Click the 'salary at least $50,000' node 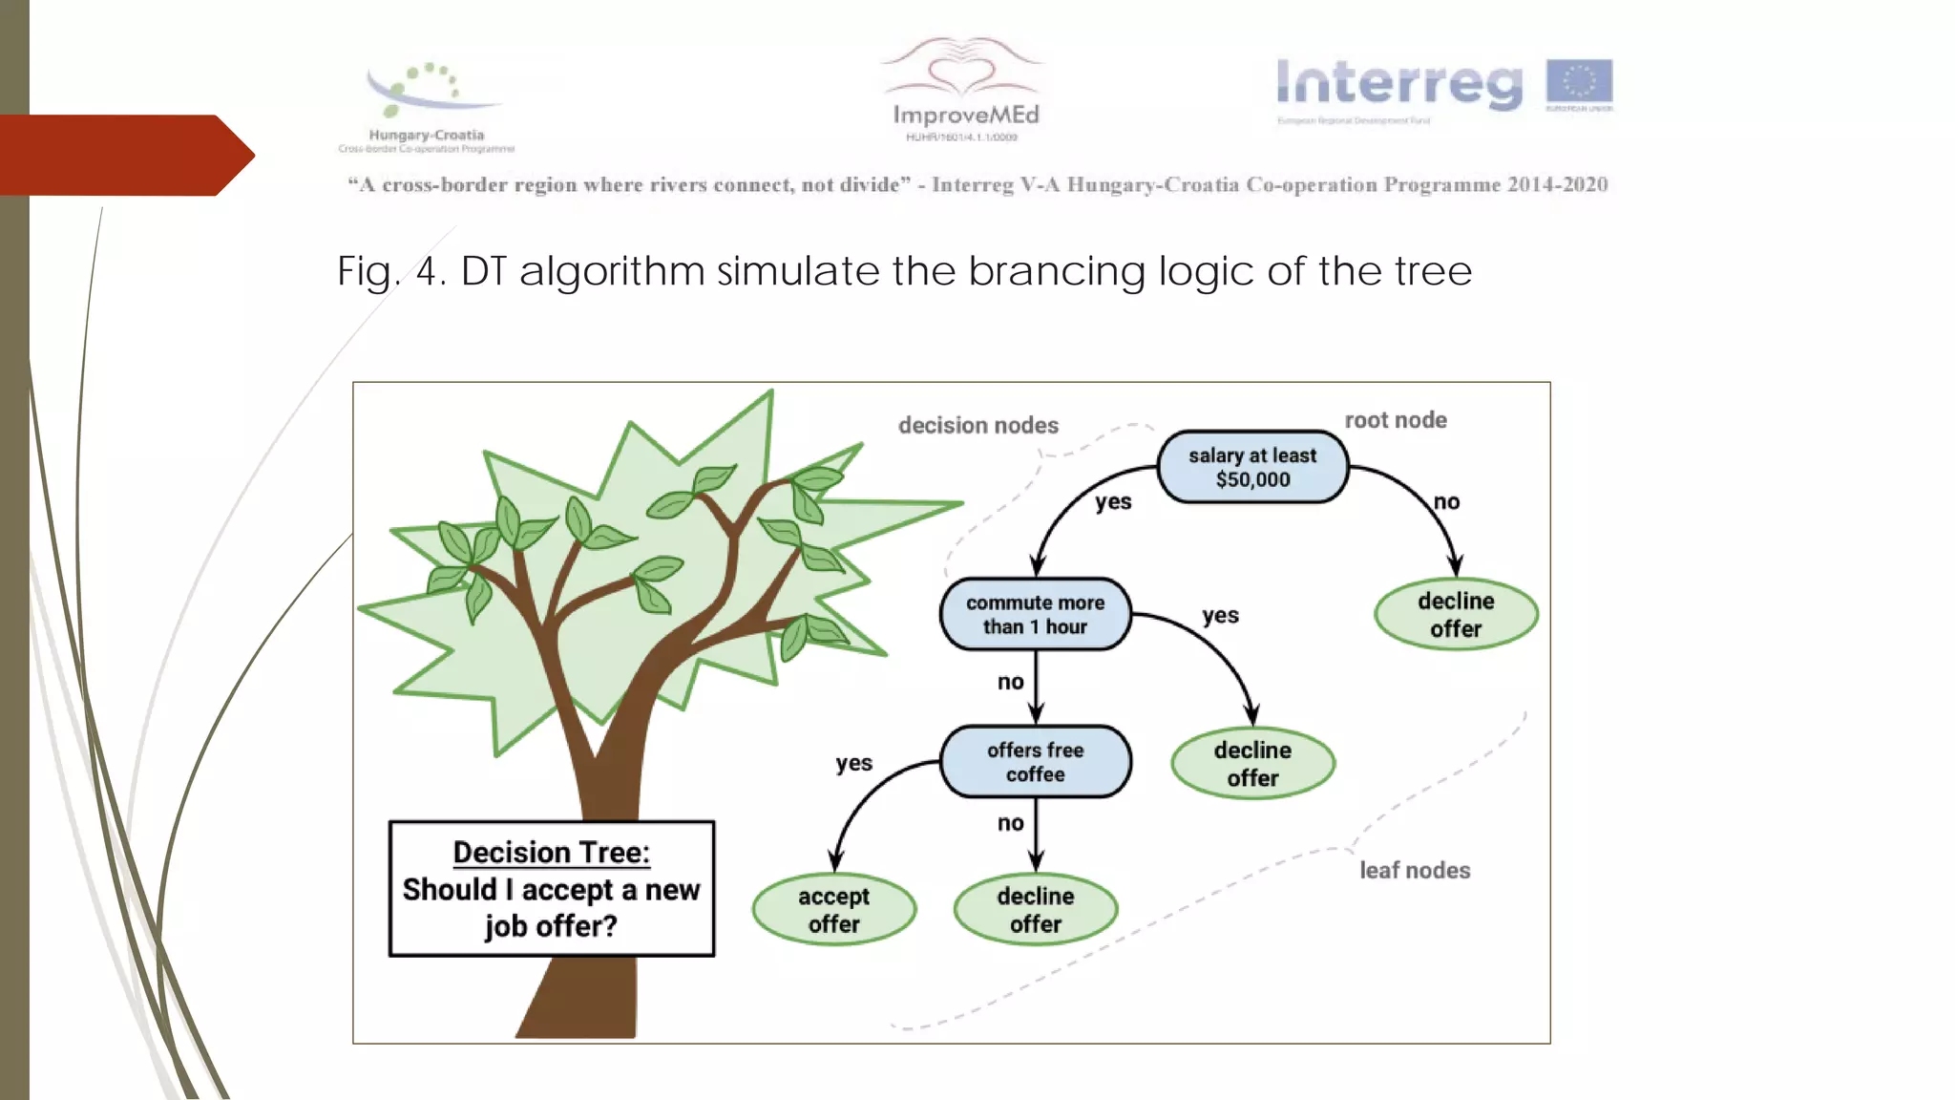pyautogui.click(x=1251, y=467)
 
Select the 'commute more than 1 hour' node pyautogui.click(x=1035, y=614)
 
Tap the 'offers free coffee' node pyautogui.click(x=1035, y=761)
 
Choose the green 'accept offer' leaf pyautogui.click(x=833, y=909)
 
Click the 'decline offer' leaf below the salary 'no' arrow pyautogui.click(x=1455, y=614)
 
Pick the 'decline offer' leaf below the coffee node pyautogui.click(x=1035, y=909)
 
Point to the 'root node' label pyautogui.click(x=1395, y=420)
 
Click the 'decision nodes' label pyautogui.click(x=977, y=425)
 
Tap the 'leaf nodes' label pyautogui.click(x=1414, y=870)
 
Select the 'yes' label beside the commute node pyautogui.click(x=1220, y=616)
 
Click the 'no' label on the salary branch pyautogui.click(x=1446, y=502)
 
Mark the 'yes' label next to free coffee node pyautogui.click(x=853, y=763)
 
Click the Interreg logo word pyautogui.click(x=1398, y=84)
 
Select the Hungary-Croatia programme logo pyautogui.click(x=427, y=105)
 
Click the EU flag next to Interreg pyautogui.click(x=1579, y=82)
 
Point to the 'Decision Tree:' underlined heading pyautogui.click(x=551, y=852)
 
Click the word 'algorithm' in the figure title pyautogui.click(x=612, y=272)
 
